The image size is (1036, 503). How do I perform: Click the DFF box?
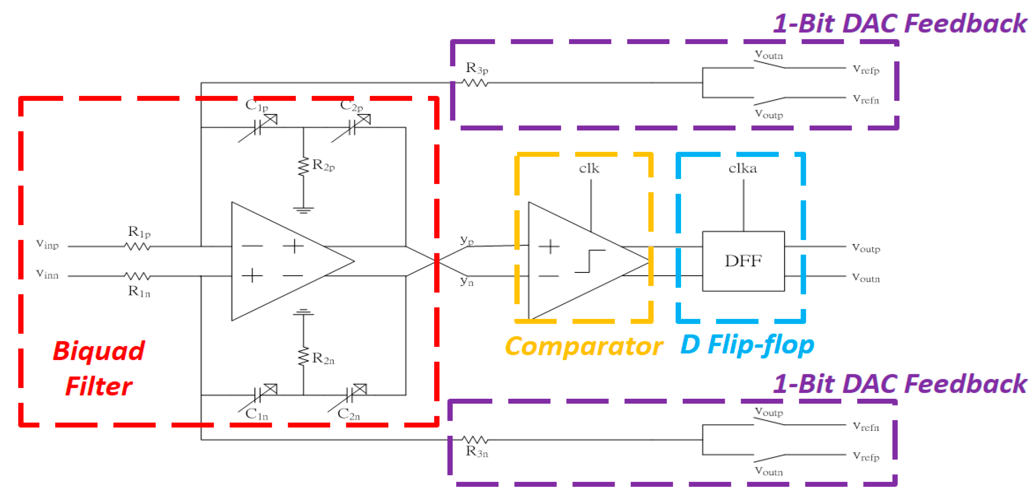click(743, 261)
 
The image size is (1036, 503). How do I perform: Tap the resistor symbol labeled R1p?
click(137, 246)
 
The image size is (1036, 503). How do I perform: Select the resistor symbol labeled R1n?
click(137, 276)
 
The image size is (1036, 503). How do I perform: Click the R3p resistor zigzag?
click(475, 83)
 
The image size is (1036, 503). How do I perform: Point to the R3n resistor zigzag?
click(475, 439)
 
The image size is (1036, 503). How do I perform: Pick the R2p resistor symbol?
click(303, 166)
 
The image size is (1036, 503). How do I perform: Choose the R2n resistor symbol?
click(303, 356)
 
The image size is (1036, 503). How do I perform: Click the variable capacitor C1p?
click(257, 128)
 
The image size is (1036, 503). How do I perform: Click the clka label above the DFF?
click(742, 169)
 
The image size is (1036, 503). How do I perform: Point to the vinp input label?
click(47, 244)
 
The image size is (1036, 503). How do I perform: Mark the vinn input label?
click(47, 274)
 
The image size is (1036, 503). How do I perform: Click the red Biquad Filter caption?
click(98, 368)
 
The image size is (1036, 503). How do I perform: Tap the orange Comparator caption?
click(583, 346)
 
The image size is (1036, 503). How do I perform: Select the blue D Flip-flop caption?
click(747, 345)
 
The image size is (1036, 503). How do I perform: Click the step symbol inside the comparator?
click(589, 261)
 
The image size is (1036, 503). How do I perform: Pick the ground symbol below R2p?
click(303, 210)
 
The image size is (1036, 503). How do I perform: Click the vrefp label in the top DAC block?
click(865, 69)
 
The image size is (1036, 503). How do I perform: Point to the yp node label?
click(467, 240)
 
